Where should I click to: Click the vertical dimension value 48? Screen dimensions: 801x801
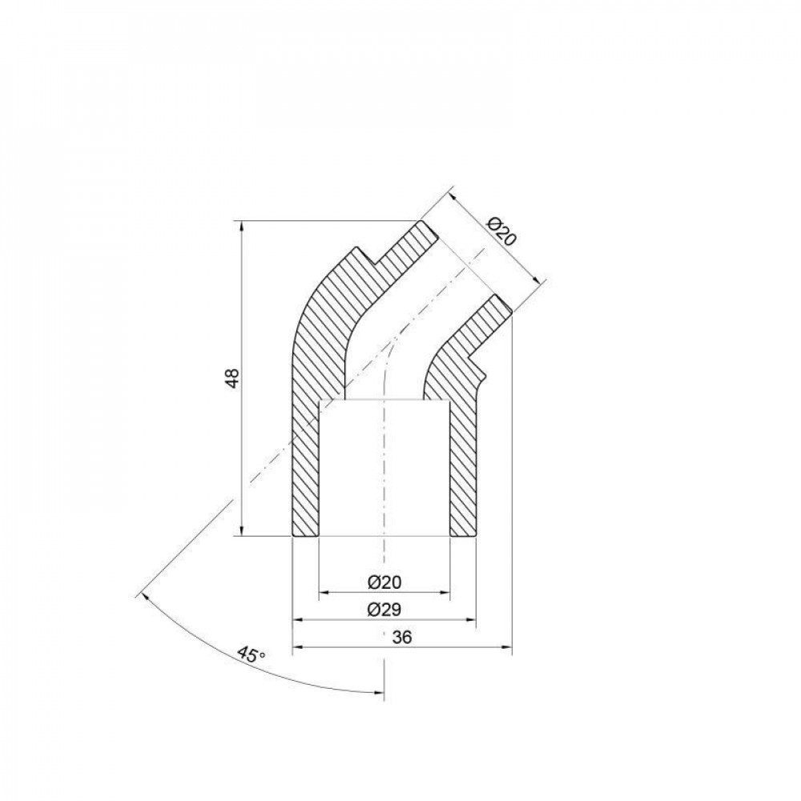(x=232, y=378)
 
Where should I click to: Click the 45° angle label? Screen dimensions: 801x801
(x=252, y=655)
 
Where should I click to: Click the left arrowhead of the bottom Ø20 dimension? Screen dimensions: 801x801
(x=324, y=594)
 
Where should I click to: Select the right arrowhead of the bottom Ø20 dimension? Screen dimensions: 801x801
(x=445, y=594)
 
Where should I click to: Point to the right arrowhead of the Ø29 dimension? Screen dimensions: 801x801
(x=471, y=620)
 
